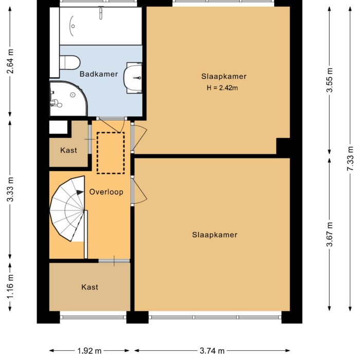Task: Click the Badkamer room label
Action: (x=99, y=74)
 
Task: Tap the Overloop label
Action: (x=106, y=192)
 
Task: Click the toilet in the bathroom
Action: (x=69, y=63)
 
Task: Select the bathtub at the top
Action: (x=100, y=25)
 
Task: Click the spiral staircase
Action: (x=68, y=208)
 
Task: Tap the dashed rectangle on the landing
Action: (x=111, y=153)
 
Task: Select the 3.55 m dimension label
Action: (x=330, y=79)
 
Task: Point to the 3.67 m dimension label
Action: (x=330, y=234)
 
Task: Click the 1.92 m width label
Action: (x=89, y=351)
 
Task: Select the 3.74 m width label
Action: (x=212, y=351)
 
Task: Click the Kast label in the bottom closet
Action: (x=89, y=287)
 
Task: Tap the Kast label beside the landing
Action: (x=68, y=150)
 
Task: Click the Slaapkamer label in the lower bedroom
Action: (x=214, y=235)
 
